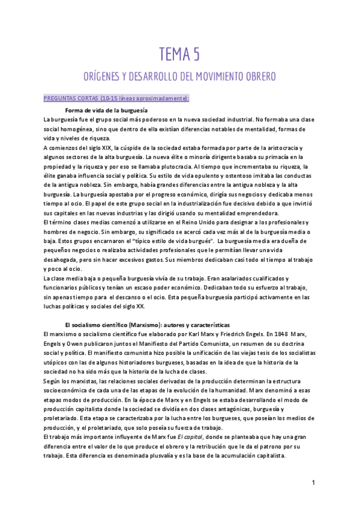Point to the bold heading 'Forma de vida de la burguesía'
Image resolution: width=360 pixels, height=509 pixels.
(107, 111)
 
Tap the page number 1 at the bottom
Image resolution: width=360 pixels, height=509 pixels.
(313, 483)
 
